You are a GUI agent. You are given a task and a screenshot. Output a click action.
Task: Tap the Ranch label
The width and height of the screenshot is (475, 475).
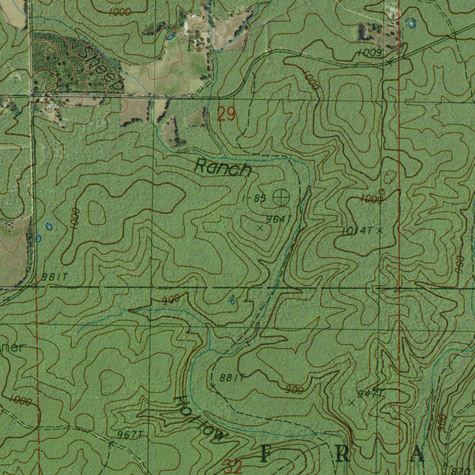[x=223, y=167]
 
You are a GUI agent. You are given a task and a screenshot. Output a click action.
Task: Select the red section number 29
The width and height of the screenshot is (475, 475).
[x=226, y=114]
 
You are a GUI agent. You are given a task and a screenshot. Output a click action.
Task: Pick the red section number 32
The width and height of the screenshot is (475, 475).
[x=233, y=466]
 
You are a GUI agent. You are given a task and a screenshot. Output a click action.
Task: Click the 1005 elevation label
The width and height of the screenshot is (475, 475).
[x=51, y=87]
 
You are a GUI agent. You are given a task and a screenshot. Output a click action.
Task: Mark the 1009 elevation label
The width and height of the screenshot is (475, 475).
[x=370, y=53]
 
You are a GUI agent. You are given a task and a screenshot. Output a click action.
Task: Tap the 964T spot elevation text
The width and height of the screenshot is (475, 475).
[x=278, y=219]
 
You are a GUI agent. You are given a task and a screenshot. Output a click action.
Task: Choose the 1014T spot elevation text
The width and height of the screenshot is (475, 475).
[x=357, y=231]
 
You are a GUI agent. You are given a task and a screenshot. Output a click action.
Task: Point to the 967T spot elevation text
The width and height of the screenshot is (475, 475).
[x=129, y=434]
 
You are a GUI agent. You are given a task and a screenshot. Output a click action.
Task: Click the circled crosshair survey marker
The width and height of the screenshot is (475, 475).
[x=281, y=198]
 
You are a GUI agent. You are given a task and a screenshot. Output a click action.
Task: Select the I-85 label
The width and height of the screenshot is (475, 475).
[x=254, y=199]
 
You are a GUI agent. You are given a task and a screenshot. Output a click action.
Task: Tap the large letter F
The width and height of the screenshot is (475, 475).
[x=265, y=455]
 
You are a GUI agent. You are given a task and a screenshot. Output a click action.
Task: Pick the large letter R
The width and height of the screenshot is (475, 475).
[x=343, y=455]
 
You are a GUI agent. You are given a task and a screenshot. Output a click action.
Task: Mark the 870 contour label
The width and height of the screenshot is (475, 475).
[x=463, y=469]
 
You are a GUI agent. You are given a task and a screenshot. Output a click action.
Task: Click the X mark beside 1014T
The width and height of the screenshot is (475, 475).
[x=380, y=230]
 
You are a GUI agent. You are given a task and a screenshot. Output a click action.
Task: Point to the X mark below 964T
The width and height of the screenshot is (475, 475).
[x=260, y=228]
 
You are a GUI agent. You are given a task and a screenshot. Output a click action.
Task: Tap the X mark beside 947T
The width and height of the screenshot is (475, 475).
[x=351, y=403]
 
